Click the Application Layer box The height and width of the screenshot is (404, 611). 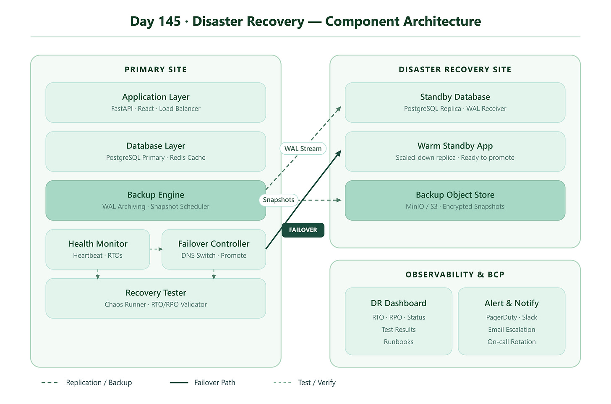click(156, 103)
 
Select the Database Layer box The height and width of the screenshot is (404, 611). click(156, 151)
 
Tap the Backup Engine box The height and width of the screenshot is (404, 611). click(156, 201)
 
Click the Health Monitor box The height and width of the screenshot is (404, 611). click(98, 249)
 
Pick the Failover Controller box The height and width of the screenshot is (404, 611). click(214, 249)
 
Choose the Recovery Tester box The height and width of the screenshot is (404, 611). click(156, 298)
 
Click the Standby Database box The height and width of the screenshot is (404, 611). click(455, 103)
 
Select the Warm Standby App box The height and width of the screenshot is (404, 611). click(455, 151)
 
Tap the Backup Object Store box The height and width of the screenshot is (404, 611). click(455, 201)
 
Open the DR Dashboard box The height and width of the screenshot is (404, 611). click(399, 321)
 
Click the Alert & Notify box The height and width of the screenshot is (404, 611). click(512, 321)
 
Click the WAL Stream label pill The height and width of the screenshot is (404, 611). click(303, 148)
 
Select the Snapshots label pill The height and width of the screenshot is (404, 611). click(279, 200)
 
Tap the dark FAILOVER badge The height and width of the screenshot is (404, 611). click(303, 230)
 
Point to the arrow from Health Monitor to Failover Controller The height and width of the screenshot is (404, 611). click(156, 249)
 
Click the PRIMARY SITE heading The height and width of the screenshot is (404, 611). click(156, 70)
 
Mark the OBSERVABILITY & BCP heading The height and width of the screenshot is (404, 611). click(455, 275)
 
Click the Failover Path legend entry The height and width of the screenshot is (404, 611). click(202, 383)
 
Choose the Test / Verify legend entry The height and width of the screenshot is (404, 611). click(304, 383)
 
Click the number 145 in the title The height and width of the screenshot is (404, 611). click(170, 21)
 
